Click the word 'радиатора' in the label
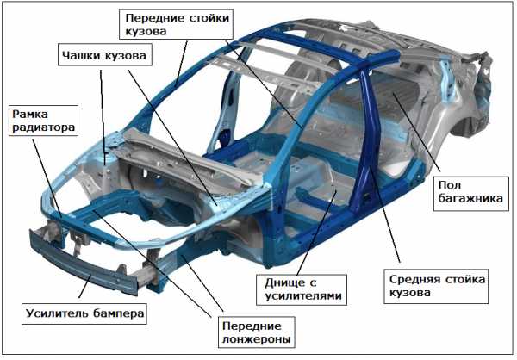click(x=42, y=128)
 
